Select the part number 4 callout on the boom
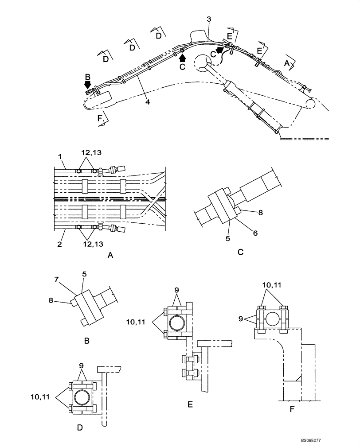pos(147,102)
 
